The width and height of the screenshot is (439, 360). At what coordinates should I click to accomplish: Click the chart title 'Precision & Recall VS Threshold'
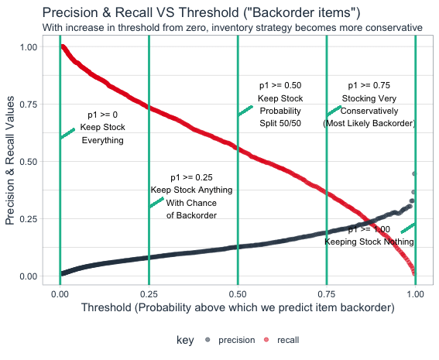[x=142, y=12]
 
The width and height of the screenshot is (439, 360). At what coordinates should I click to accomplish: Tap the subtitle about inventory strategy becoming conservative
[x=232, y=28]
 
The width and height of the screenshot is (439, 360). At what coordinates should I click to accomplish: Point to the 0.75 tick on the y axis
[x=29, y=105]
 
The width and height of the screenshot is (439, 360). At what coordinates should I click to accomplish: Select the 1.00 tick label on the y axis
[x=29, y=47]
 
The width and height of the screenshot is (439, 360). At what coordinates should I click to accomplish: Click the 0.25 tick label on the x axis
[x=149, y=294]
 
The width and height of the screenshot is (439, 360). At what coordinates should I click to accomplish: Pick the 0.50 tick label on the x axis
[x=238, y=294]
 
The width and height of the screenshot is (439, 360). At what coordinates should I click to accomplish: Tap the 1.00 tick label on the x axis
[x=415, y=294]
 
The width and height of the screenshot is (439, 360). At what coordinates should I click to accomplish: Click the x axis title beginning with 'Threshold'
[x=238, y=307]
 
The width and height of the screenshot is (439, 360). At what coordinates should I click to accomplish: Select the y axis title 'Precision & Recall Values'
[x=10, y=160]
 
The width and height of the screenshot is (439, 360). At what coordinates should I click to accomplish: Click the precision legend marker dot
[x=207, y=340]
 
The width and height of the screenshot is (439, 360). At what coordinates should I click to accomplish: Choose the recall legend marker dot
[x=266, y=340]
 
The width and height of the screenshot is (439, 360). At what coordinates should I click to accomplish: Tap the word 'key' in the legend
[x=185, y=340]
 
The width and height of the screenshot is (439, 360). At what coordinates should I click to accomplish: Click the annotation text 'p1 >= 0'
[x=102, y=115]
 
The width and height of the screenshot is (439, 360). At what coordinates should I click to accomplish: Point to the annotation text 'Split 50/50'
[x=280, y=123]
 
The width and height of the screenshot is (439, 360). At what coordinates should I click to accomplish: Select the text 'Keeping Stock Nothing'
[x=369, y=242]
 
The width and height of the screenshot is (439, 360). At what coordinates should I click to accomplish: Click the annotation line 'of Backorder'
[x=191, y=215]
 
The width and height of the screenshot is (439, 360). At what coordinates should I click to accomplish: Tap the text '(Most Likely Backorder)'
[x=369, y=123]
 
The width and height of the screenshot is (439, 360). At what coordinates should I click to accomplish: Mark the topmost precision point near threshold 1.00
[x=414, y=174]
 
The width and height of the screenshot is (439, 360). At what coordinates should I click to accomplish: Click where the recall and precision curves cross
[x=370, y=222]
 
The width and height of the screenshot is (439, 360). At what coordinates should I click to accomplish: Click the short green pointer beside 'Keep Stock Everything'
[x=67, y=133]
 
